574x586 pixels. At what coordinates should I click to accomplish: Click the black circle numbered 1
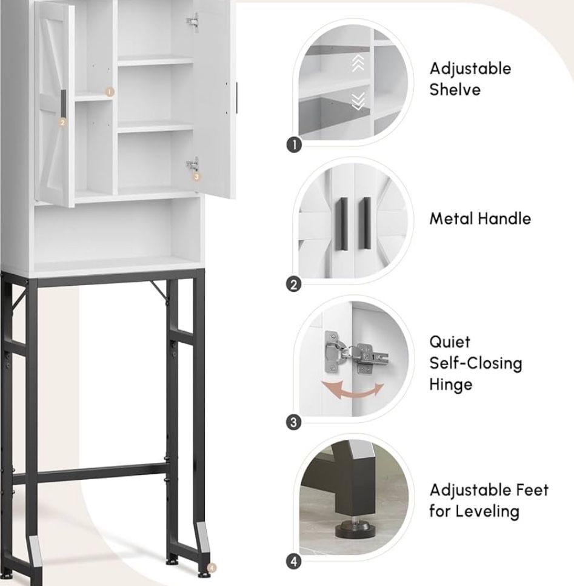295,144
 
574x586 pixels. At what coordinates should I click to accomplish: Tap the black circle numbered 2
294,285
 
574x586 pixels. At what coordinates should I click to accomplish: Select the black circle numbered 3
294,423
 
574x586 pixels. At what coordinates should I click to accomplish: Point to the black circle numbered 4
294,561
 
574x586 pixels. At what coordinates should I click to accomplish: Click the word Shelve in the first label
455,90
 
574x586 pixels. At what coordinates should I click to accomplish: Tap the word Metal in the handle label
451,218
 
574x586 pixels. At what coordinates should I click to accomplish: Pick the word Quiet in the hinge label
450,342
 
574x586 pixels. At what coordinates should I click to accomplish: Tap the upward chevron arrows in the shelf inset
358,63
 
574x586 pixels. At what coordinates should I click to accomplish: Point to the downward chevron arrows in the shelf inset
358,101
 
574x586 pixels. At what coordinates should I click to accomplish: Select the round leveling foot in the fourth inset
353,528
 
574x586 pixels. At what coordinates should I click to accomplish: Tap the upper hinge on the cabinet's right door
193,22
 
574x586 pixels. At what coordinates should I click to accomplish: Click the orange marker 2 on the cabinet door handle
62,122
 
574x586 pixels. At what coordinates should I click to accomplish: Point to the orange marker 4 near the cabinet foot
212,568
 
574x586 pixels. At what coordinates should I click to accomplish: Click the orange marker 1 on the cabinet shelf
109,92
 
